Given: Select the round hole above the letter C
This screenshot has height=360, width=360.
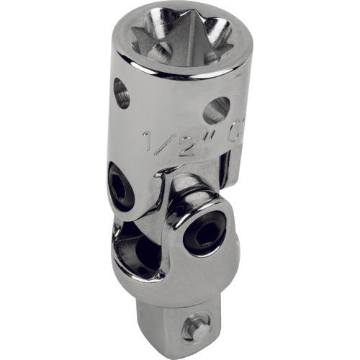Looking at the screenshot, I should click(x=216, y=109).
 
